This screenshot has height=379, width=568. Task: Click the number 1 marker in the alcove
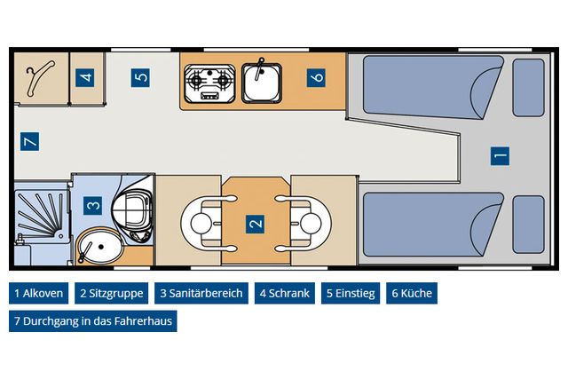click(501, 155)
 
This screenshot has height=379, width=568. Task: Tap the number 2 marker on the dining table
click(256, 223)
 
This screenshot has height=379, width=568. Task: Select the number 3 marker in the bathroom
click(93, 206)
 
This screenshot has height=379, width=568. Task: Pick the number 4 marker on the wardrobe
click(86, 77)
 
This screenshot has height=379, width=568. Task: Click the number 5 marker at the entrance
click(140, 77)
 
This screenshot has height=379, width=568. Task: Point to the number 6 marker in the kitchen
click(318, 77)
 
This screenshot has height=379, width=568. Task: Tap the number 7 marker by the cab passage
click(29, 141)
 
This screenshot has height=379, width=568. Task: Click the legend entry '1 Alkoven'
click(38, 294)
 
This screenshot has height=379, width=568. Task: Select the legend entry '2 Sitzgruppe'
click(111, 294)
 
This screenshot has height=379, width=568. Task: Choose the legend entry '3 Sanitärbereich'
click(201, 294)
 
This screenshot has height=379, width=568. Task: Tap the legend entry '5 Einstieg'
click(350, 294)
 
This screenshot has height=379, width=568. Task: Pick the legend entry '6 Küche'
click(412, 294)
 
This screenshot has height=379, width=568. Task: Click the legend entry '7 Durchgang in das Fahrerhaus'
click(92, 320)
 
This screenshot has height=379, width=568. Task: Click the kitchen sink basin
click(260, 83)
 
